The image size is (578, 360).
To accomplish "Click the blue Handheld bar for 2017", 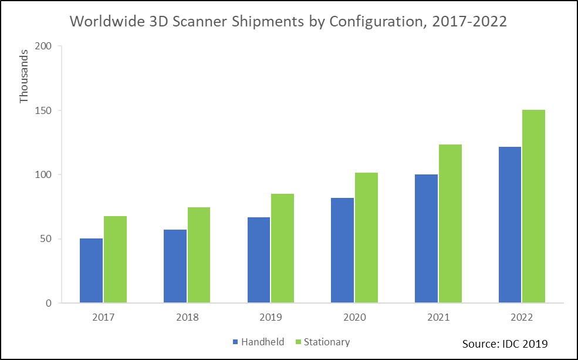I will (91, 271).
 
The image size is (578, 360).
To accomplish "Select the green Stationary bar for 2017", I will (115, 260).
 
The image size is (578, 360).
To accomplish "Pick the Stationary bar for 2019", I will (282, 248).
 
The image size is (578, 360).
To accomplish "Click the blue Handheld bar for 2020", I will (342, 250).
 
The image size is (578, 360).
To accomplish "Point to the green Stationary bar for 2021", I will (450, 224).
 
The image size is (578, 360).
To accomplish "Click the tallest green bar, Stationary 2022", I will (533, 206).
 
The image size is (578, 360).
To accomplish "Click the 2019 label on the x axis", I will (271, 318).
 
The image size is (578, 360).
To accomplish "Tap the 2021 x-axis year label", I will (438, 318).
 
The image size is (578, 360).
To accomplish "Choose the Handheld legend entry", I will (262, 342).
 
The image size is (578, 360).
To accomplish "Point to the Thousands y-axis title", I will (24, 76).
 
